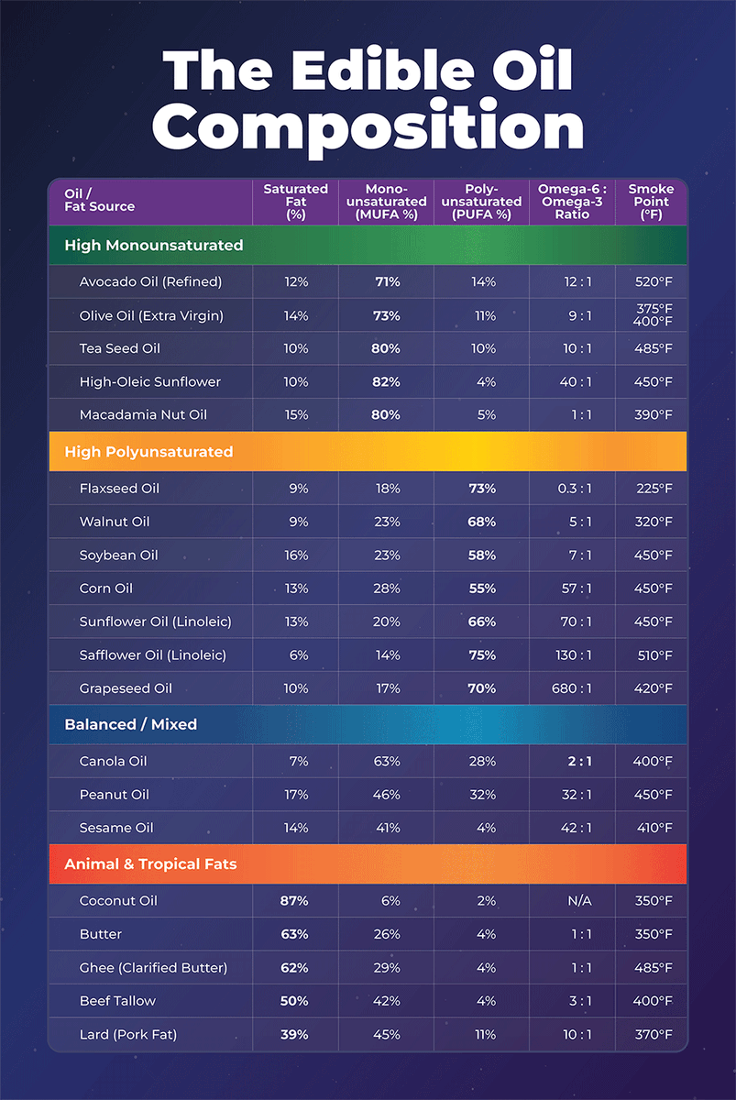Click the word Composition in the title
(368, 126)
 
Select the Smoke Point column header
(651, 202)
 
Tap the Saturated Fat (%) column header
(295, 202)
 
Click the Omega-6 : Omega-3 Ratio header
(572, 202)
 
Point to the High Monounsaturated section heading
(154, 245)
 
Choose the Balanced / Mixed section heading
(130, 724)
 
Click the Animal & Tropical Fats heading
(150, 863)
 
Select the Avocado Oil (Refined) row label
(150, 282)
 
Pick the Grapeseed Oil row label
(126, 688)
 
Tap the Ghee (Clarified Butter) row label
(154, 967)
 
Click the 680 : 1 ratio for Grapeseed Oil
(572, 688)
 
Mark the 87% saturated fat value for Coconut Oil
(294, 900)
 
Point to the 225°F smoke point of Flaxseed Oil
(654, 489)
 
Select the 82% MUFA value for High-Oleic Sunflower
(386, 382)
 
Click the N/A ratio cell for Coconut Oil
(579, 900)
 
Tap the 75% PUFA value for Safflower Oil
(482, 655)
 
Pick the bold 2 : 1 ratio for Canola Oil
(580, 761)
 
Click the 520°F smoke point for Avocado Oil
(654, 282)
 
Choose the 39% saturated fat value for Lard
(294, 1035)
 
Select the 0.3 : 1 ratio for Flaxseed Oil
(575, 489)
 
